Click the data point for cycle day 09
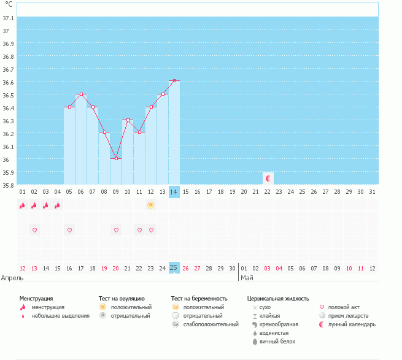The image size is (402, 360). point(116,158)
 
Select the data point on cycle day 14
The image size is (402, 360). point(174,81)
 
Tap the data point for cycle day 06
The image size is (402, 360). point(81,94)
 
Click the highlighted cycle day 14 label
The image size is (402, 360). point(174,192)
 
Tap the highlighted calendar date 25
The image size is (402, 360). point(174,268)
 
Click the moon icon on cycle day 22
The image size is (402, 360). point(268,178)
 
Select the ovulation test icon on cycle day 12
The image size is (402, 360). point(151,205)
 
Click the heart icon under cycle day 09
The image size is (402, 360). point(116,230)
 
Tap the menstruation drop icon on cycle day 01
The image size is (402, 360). point(23,205)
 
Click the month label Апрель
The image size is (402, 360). point(12,278)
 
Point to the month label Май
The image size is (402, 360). point(246,278)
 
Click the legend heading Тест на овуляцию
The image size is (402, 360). point(122,299)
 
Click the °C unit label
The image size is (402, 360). point(9,4)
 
